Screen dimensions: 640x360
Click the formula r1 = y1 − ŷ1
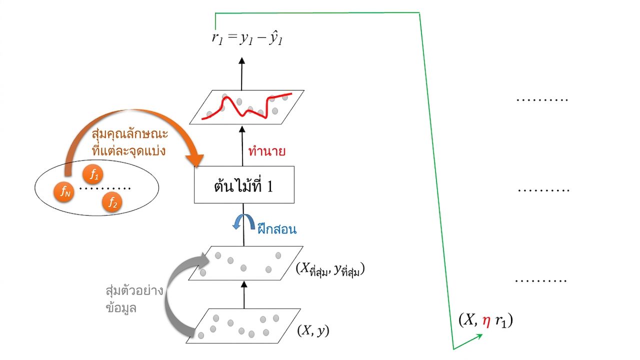(x=247, y=39)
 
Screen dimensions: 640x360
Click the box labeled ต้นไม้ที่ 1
(x=244, y=184)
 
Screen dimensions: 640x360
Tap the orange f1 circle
(x=93, y=174)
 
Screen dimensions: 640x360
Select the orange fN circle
(x=64, y=192)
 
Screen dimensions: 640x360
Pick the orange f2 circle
(x=112, y=202)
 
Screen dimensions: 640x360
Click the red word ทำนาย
(x=267, y=151)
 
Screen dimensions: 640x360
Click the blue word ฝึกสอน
(x=277, y=229)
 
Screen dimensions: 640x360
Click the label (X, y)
(x=313, y=330)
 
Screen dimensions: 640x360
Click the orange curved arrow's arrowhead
(x=195, y=160)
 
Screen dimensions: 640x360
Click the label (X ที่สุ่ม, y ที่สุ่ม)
(x=330, y=269)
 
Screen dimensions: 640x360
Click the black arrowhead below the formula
(x=242, y=60)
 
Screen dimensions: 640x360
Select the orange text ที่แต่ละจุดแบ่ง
(x=129, y=150)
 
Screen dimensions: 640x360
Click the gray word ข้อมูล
(x=121, y=308)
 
